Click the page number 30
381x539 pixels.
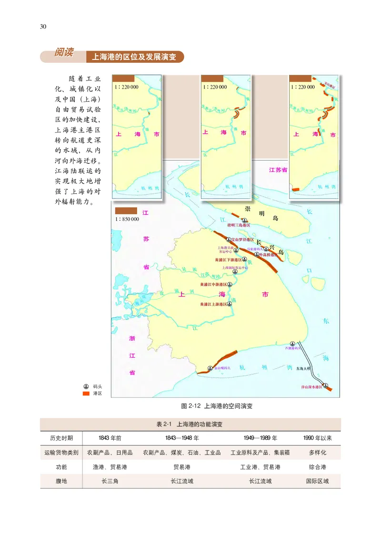[x=43, y=26]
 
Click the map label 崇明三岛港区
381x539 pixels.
[x=240, y=225]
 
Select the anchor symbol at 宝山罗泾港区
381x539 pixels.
[x=228, y=239]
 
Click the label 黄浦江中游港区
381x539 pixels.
[x=211, y=284]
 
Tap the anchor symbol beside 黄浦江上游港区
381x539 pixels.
[x=230, y=303]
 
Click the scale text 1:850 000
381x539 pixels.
[x=127, y=219]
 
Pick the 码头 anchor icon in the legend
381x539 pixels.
[x=86, y=386]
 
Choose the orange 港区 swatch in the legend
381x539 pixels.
[x=86, y=394]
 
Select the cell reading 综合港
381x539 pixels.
[x=317, y=467]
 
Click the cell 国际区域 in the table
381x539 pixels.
[x=317, y=481]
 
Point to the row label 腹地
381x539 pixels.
[x=61, y=481]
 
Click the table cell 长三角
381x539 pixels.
[x=110, y=481]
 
